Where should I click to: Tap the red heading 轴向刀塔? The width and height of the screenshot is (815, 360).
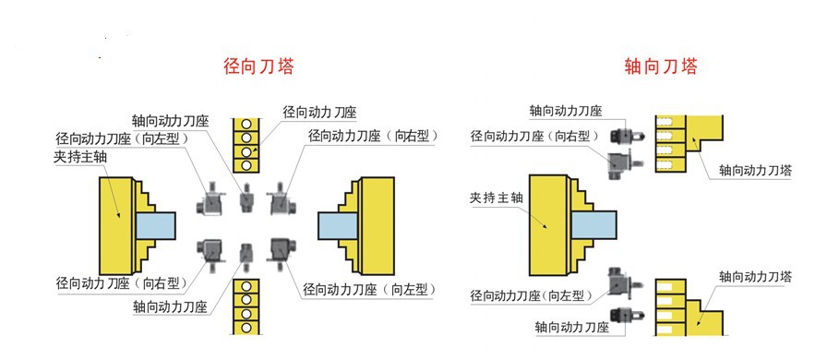(x=660, y=66)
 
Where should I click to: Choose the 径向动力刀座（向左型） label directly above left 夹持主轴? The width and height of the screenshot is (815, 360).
(x=122, y=138)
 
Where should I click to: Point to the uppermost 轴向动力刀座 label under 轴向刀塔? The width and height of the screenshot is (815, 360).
(x=566, y=111)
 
